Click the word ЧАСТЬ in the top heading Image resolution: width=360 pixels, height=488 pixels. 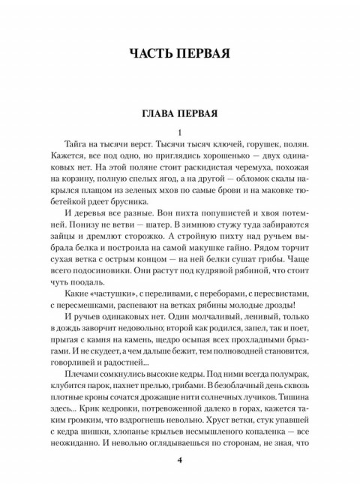144,53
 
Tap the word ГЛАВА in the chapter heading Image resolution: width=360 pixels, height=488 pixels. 158,115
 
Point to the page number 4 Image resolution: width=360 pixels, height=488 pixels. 180,460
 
